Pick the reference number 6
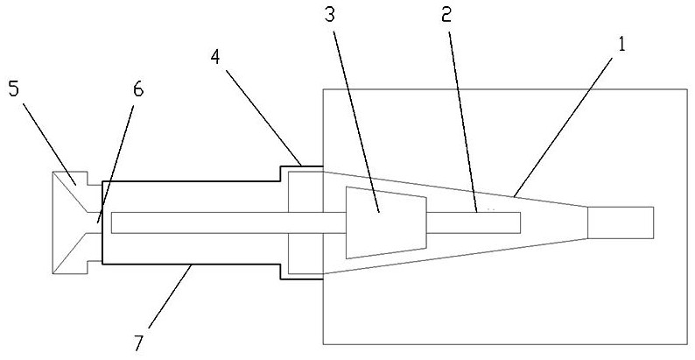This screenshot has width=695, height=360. [138, 89]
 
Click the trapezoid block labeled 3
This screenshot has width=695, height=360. [385, 222]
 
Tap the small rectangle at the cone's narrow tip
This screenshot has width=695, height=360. [620, 222]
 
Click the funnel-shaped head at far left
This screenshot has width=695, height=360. [74, 222]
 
